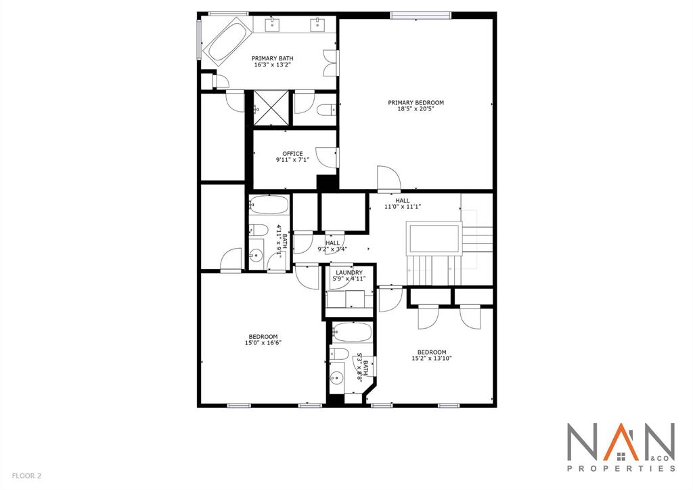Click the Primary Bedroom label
[x=416, y=103]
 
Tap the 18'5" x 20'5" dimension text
[x=416, y=108]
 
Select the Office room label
[x=292, y=154]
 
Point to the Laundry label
[x=349, y=272]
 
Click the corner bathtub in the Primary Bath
[x=228, y=41]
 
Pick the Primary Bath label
[x=272, y=58]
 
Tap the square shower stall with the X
[x=271, y=108]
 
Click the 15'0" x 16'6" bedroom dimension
[x=263, y=343]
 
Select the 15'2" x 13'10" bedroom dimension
[x=431, y=359]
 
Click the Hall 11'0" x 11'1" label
[x=402, y=203]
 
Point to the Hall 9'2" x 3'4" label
[x=332, y=246]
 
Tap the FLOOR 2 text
[x=26, y=476]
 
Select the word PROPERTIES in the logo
[x=621, y=468]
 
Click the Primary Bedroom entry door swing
[x=388, y=177]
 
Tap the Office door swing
[x=327, y=157]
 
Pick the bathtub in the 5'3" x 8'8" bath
[x=352, y=332]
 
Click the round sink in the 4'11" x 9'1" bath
[x=255, y=256]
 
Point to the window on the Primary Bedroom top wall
[x=420, y=16]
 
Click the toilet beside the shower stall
[x=326, y=110]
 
